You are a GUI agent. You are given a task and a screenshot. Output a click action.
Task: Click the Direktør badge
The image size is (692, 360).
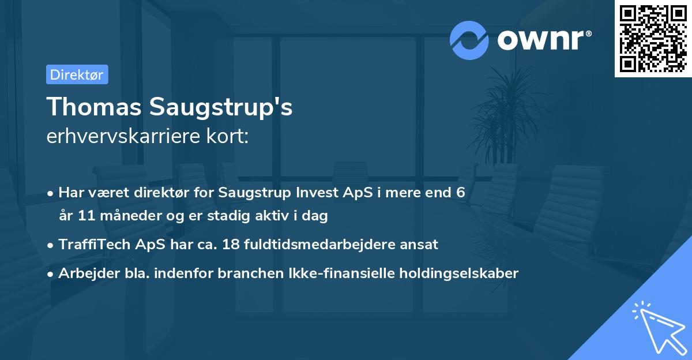pyautogui.click(x=77, y=74)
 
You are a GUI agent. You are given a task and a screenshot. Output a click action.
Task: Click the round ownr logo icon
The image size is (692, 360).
pyautogui.click(x=470, y=40)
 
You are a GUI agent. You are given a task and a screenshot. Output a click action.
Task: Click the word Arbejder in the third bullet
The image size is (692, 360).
pyautogui.click(x=84, y=273)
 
